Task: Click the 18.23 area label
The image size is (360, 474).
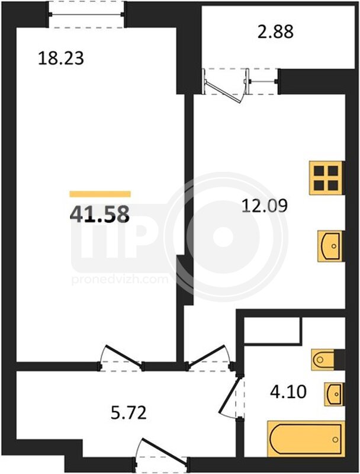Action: pyautogui.click(x=61, y=58)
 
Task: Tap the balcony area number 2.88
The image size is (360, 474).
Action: pyautogui.click(x=275, y=31)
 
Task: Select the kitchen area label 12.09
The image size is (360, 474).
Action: pyautogui.click(x=265, y=206)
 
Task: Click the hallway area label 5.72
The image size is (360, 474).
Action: pyautogui.click(x=128, y=412)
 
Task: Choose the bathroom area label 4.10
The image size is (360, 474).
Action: pyautogui.click(x=288, y=392)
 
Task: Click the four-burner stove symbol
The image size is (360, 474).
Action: pyautogui.click(x=326, y=178)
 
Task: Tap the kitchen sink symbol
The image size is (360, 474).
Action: pyautogui.click(x=330, y=246)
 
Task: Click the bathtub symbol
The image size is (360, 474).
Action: pyautogui.click(x=306, y=438)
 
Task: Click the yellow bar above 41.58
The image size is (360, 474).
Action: pyautogui.click(x=100, y=194)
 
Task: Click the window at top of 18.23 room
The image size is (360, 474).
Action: pyautogui.click(x=86, y=14)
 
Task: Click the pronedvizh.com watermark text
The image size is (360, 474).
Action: pyautogui.click(x=120, y=279)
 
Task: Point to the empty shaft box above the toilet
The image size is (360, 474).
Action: pyautogui.click(x=272, y=331)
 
